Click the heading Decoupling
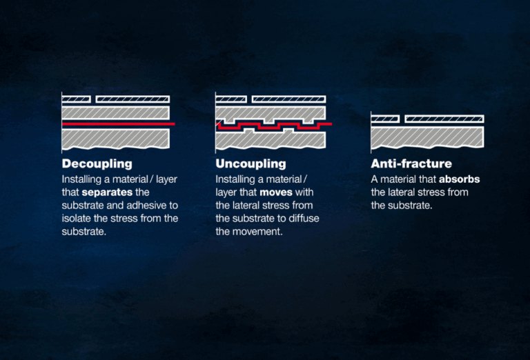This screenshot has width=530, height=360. [97, 164]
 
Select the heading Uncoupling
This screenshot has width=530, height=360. [251, 164]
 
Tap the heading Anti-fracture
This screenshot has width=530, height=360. [411, 164]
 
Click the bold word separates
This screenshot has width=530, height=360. [106, 192]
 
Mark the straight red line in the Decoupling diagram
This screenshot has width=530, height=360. [117, 124]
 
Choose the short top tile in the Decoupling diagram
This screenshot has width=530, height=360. [76, 99]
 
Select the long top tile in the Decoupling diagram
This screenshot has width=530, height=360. [132, 99]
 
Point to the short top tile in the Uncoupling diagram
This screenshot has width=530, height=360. [230, 99]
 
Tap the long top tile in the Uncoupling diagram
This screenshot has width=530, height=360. [288, 99]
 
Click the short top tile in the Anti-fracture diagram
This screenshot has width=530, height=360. [385, 119]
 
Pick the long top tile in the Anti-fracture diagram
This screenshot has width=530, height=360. [444, 119]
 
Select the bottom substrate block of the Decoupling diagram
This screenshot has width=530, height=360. [115, 138]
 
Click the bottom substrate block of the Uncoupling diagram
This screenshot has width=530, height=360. [270, 140]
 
